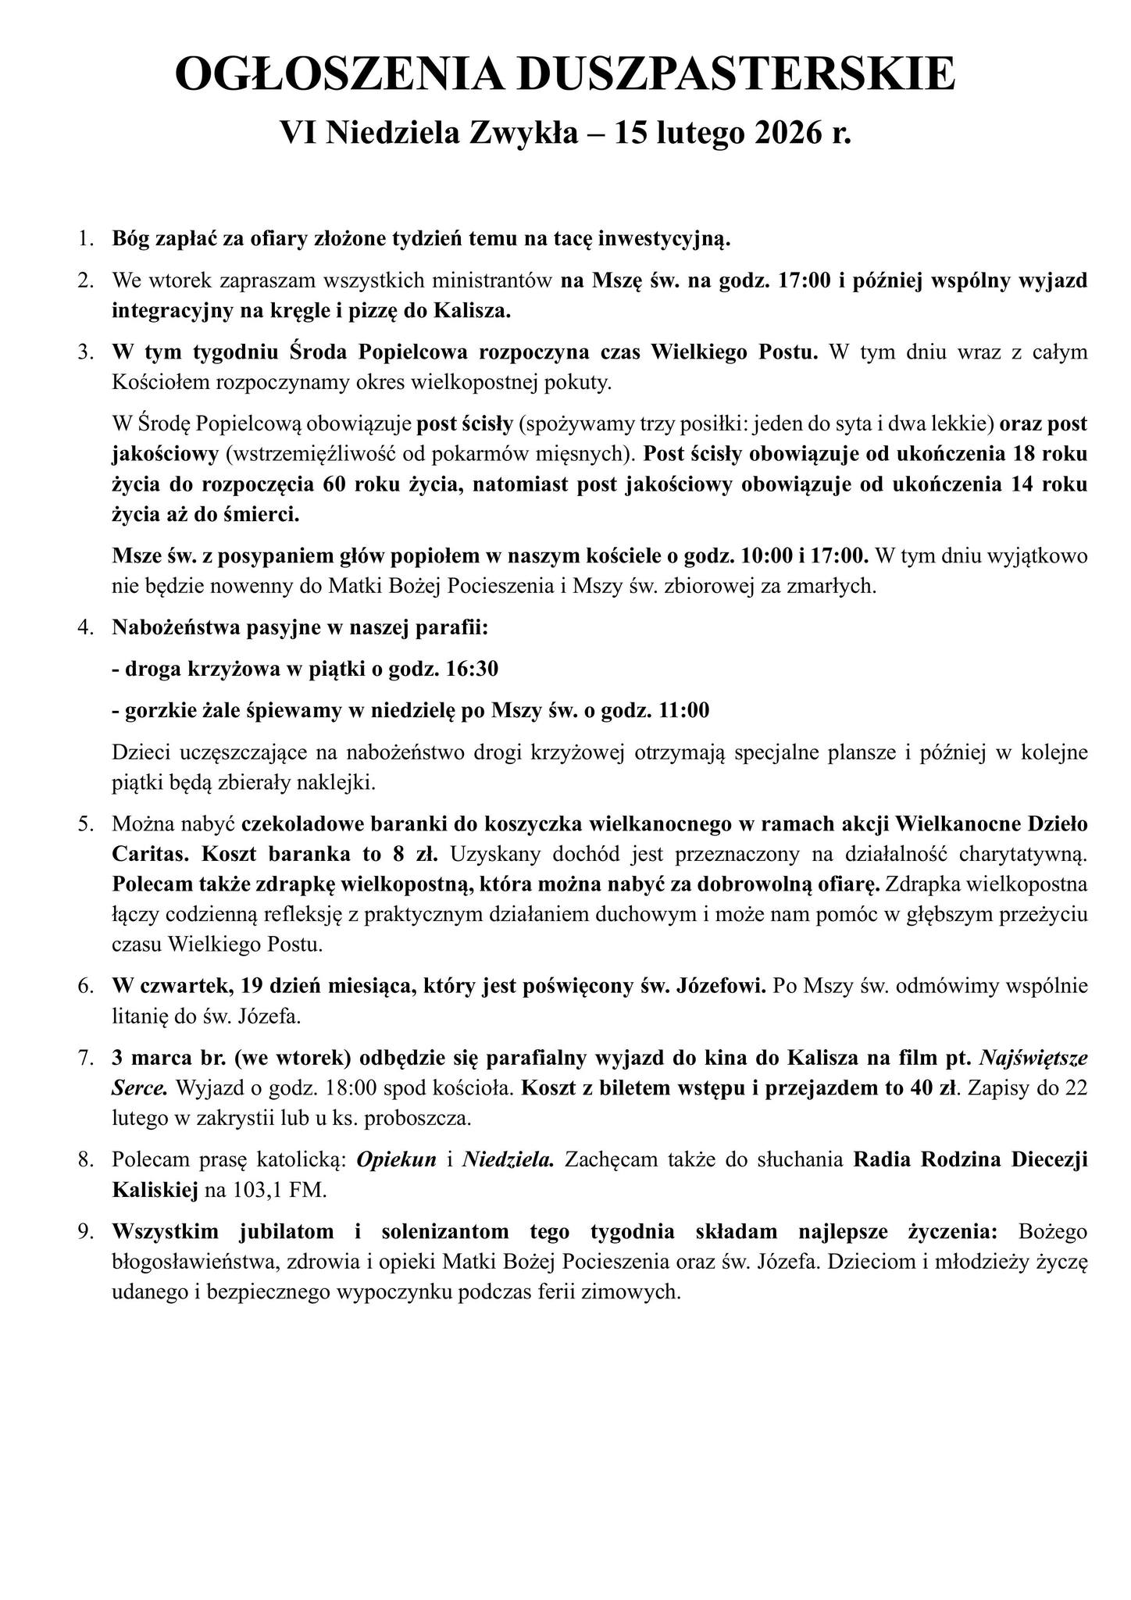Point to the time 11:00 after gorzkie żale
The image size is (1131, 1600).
684,710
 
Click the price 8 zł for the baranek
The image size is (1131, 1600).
414,854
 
